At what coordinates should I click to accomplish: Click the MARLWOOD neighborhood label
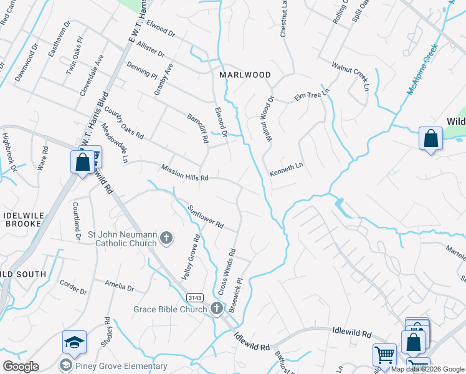pyautogui.click(x=245, y=75)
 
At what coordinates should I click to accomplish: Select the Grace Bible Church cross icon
pyautogui.click(x=216, y=309)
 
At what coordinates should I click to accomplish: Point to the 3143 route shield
pyautogui.click(x=191, y=300)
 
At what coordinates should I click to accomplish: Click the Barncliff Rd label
pyautogui.click(x=197, y=128)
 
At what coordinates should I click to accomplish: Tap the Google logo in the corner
pyautogui.click(x=21, y=367)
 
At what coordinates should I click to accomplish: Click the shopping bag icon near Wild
pyautogui.click(x=430, y=138)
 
